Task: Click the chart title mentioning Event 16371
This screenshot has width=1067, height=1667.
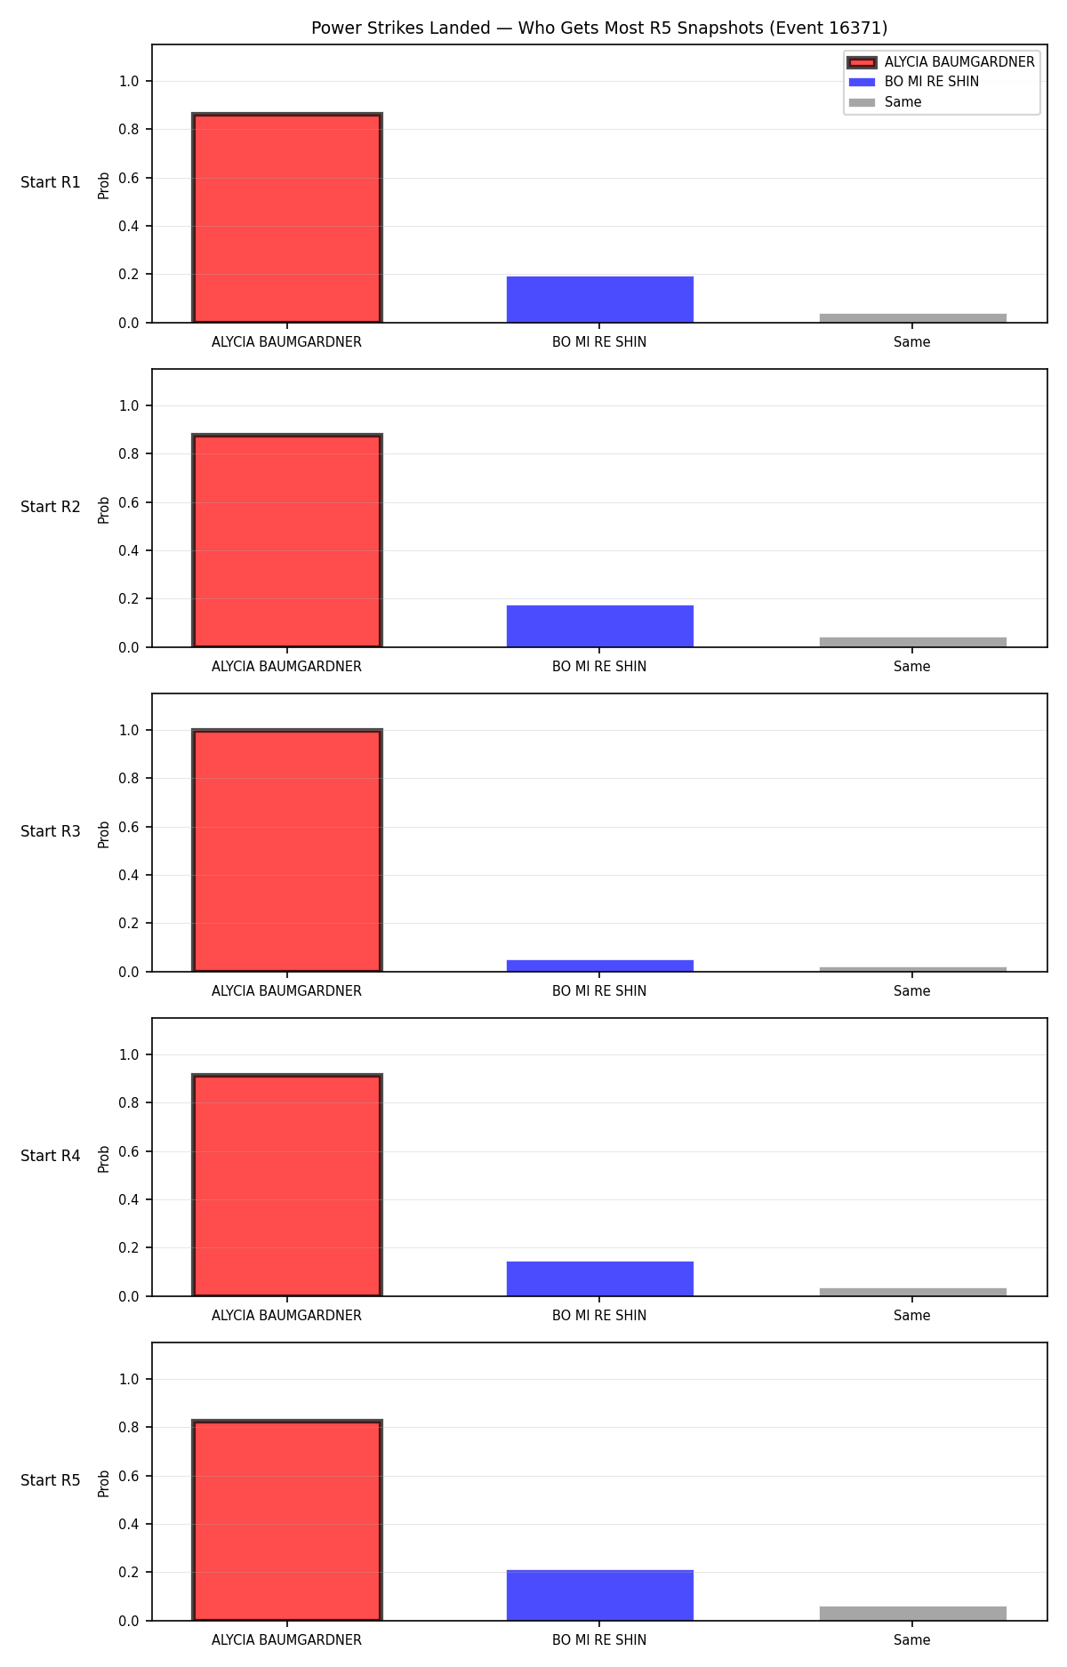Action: [x=599, y=28]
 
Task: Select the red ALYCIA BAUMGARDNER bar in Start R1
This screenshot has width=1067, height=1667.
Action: [x=287, y=218]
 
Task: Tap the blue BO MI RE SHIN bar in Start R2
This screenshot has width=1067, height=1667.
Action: [x=600, y=626]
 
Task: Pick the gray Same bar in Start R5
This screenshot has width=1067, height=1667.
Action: [x=913, y=1614]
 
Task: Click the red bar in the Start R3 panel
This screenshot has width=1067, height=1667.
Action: [x=287, y=851]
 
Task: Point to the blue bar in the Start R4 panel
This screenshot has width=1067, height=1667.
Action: [x=600, y=1278]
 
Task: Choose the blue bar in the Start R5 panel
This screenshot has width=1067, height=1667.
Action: [x=600, y=1595]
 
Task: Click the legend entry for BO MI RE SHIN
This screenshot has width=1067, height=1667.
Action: [x=932, y=82]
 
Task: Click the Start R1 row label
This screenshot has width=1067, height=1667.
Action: [x=51, y=182]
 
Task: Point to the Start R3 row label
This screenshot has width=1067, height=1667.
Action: [x=51, y=831]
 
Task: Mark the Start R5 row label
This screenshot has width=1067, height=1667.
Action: [x=51, y=1480]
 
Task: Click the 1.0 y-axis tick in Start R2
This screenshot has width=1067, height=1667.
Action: [x=129, y=405]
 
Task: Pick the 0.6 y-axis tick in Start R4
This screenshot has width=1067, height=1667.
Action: [x=129, y=1151]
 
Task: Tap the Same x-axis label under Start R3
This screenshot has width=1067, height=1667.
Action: [x=912, y=991]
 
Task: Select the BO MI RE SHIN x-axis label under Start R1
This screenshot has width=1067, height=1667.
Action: [x=599, y=342]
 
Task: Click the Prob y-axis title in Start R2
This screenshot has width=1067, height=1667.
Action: [x=104, y=509]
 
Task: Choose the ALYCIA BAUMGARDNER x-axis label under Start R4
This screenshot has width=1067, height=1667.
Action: [x=286, y=1316]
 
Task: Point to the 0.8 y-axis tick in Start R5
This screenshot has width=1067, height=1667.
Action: [x=129, y=1427]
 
